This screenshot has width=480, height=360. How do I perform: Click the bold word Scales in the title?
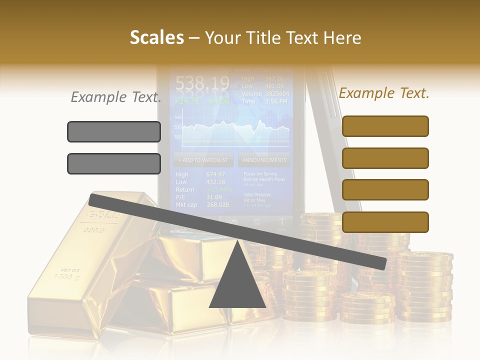click(x=156, y=38)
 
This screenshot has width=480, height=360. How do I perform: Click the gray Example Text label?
click(x=116, y=97)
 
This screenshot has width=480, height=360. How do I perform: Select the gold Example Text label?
click(x=384, y=93)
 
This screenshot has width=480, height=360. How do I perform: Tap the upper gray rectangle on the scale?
click(x=114, y=131)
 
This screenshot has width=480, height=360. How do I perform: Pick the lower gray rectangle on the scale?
click(x=114, y=163)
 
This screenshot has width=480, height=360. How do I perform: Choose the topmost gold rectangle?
click(x=385, y=126)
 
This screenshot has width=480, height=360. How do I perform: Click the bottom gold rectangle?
click(x=385, y=222)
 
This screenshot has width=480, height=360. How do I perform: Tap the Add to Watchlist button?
click(x=203, y=160)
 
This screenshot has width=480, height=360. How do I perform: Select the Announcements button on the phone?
click(x=264, y=160)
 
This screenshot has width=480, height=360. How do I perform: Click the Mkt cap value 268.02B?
click(x=217, y=204)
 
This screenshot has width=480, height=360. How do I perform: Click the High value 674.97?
click(x=215, y=174)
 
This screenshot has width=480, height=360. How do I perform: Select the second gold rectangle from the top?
click(x=385, y=158)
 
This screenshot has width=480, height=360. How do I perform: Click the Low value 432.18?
click(x=215, y=182)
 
